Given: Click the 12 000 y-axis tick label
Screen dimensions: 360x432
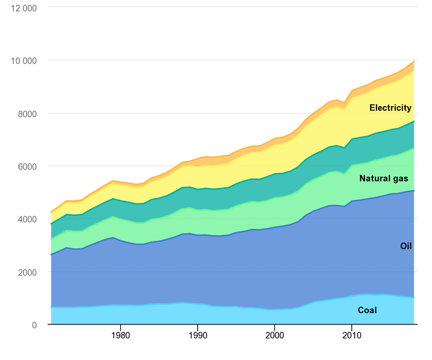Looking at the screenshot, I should [24, 8].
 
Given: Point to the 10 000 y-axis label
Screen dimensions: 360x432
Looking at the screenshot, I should [24, 61].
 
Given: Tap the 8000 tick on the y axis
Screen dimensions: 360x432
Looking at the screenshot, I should [28, 114].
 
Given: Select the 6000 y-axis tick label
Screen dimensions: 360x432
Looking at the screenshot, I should [28, 166].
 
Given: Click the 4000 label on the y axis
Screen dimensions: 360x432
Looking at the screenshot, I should [28, 219].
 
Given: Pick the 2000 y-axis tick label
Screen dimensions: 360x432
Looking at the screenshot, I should [28, 272].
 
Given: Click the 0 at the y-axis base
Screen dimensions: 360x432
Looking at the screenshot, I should [34, 325].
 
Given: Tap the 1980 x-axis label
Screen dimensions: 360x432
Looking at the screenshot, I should [120, 334].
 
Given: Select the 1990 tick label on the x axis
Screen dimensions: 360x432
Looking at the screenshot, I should [198, 334].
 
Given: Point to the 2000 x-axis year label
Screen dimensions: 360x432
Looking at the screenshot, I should [275, 334].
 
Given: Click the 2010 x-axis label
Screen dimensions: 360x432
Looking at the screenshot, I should [352, 334].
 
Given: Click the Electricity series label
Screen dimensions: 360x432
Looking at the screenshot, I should [390, 108].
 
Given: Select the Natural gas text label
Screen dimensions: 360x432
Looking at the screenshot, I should [383, 179].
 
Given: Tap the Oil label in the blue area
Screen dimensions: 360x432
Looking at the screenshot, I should [406, 246].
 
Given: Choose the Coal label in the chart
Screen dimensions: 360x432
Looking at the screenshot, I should [367, 311].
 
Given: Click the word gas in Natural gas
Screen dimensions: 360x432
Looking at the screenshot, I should [399, 179].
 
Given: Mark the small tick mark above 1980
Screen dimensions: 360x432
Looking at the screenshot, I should [120, 327].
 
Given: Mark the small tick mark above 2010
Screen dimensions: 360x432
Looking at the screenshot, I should [352, 327].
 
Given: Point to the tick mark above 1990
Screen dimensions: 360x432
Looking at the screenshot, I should [198, 327].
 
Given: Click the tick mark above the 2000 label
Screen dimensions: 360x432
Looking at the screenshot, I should [275, 327].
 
